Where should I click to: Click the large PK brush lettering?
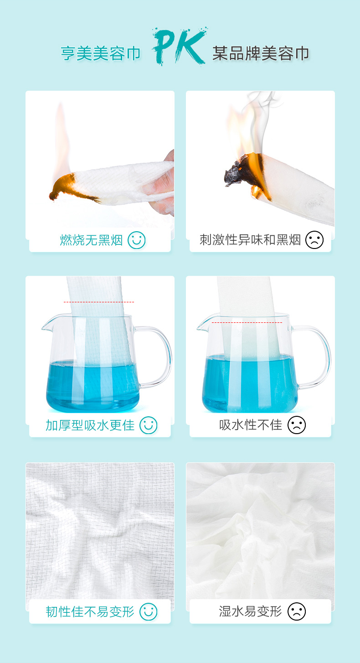coord(179,46)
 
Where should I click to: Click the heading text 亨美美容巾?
coord(101,53)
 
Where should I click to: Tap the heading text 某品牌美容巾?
coord(261,53)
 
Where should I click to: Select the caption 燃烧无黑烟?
coord(91,240)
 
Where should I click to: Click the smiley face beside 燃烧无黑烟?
coord(136,240)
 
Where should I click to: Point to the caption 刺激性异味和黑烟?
coord(250,240)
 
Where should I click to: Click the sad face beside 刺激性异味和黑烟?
coord(314,240)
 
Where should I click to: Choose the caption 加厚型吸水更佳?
coord(90,425)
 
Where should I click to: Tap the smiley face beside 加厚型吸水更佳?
coord(149,425)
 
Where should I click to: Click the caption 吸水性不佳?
coord(251,425)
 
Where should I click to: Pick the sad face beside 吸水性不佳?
coord(297,425)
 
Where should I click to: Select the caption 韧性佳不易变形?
coord(90,612)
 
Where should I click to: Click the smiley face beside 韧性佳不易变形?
coord(149,612)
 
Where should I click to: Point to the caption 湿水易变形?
coord(250,611)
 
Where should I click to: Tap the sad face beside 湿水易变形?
coord(297,611)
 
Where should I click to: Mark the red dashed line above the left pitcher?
coord(99,302)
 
